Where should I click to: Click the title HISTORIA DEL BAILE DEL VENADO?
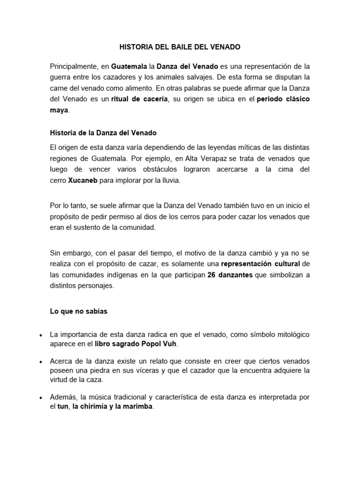pyautogui.click(x=180, y=47)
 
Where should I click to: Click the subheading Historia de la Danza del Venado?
pyautogui.click(x=103, y=133)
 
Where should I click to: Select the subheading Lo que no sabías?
pyautogui.click(x=79, y=311)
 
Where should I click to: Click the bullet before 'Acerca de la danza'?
pyautogui.click(x=42, y=362)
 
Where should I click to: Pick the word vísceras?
pyautogui.click(x=148, y=371)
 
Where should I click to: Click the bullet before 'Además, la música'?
pyautogui.click(x=42, y=397)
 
